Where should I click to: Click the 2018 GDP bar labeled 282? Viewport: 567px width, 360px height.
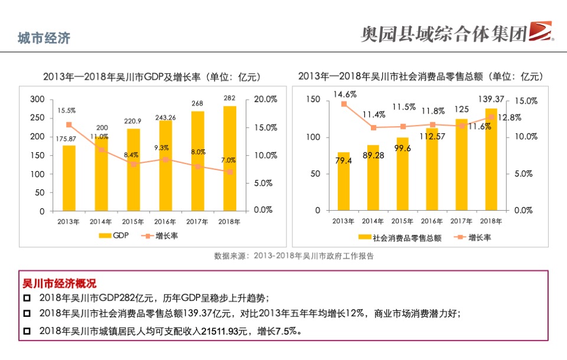point(230,158)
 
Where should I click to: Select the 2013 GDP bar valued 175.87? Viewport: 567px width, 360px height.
point(69,178)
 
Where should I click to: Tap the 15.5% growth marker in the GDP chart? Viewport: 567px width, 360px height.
point(69,125)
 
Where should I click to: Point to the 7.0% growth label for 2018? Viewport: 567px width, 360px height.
point(229,160)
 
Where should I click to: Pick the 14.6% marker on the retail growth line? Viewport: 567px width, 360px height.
point(344,104)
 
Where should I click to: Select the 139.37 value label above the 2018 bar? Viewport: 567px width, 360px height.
point(491,99)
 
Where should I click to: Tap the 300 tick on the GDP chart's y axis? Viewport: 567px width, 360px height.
point(37,99)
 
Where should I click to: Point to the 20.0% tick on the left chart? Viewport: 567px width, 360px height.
point(265,99)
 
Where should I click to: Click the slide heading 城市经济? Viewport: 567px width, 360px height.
point(44,38)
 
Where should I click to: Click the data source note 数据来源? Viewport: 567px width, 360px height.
point(294,256)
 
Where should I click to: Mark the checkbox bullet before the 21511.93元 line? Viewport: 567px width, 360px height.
point(27,332)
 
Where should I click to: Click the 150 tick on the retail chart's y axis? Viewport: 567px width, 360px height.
point(314,100)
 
